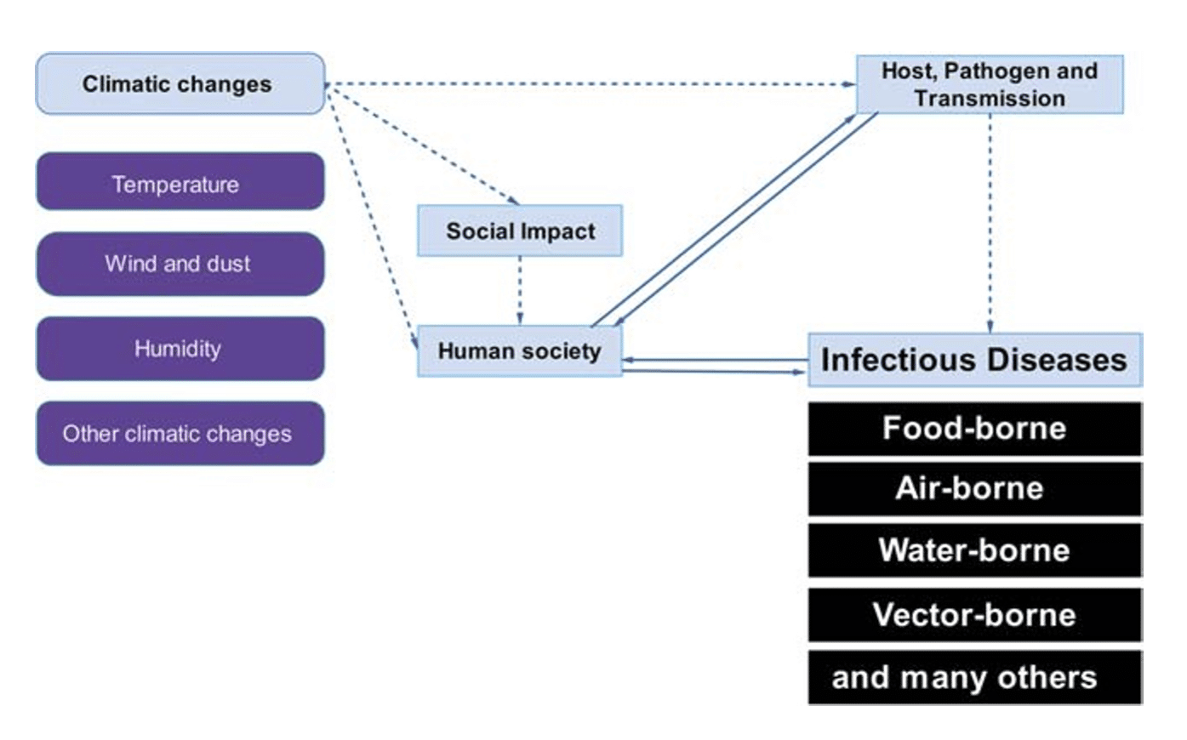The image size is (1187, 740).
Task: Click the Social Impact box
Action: (520, 231)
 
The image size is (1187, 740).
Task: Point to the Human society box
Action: (519, 350)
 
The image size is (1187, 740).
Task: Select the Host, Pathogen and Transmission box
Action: (989, 84)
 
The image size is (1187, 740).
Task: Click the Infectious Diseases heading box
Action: (974, 360)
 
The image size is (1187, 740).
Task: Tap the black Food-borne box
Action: (974, 429)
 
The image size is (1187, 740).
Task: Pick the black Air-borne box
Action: (974, 489)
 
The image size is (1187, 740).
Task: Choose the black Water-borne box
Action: (974, 550)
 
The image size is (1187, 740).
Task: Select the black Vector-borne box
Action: (974, 615)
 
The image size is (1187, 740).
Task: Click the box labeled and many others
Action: (974, 678)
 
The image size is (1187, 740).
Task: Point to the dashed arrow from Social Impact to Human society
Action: (520, 289)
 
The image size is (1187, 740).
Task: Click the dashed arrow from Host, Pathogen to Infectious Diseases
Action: (990, 221)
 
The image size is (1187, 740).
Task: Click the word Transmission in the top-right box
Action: (990, 99)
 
